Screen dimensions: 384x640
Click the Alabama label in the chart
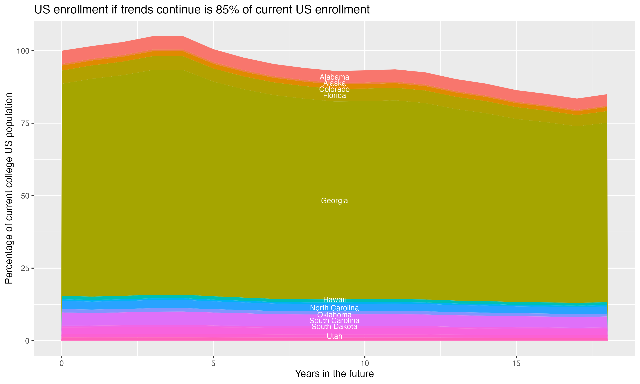(334, 77)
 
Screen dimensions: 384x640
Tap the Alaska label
(334, 83)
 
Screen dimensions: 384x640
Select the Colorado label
(334, 90)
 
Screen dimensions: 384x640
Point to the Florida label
(334, 96)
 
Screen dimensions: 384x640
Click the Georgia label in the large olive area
(334, 201)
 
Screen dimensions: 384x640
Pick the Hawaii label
(334, 300)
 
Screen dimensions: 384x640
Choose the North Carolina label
(334, 308)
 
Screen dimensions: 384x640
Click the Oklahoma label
(334, 315)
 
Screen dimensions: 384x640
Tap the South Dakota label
(334, 327)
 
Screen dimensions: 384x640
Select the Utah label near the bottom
(334, 336)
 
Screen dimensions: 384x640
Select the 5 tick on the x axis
(213, 364)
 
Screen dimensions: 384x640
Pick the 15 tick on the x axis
(516, 364)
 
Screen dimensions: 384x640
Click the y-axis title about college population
(9, 188)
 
